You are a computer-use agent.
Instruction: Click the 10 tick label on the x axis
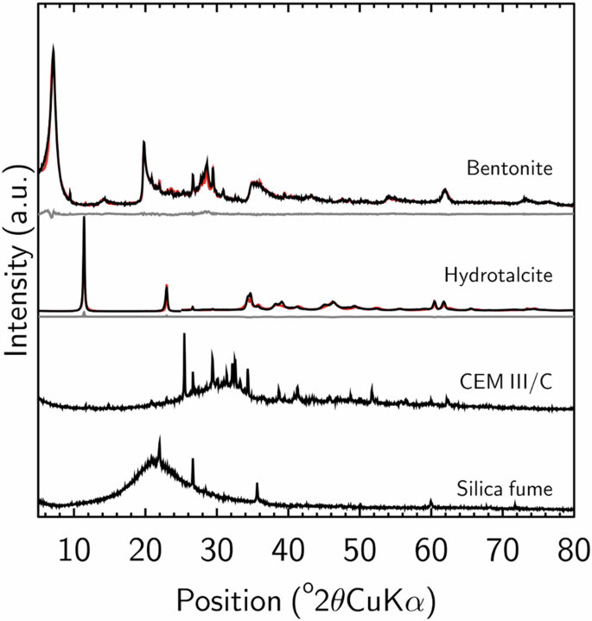pyautogui.click(x=74, y=546)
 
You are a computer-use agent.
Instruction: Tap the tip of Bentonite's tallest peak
pyautogui.click(x=54, y=47)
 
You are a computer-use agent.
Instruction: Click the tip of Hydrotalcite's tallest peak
pyautogui.click(x=84, y=219)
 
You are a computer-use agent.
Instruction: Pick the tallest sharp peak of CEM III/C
pyautogui.click(x=183, y=334)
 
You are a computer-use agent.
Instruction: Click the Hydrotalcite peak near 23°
pyautogui.click(x=166, y=285)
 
